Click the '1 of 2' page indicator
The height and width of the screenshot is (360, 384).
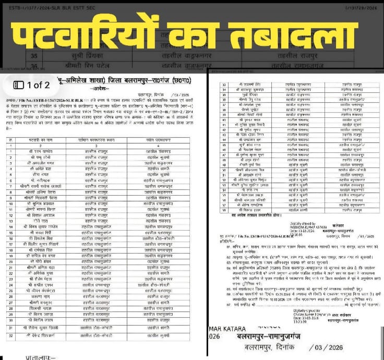(x=39, y=85)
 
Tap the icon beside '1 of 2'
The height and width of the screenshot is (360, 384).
(x=18, y=85)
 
